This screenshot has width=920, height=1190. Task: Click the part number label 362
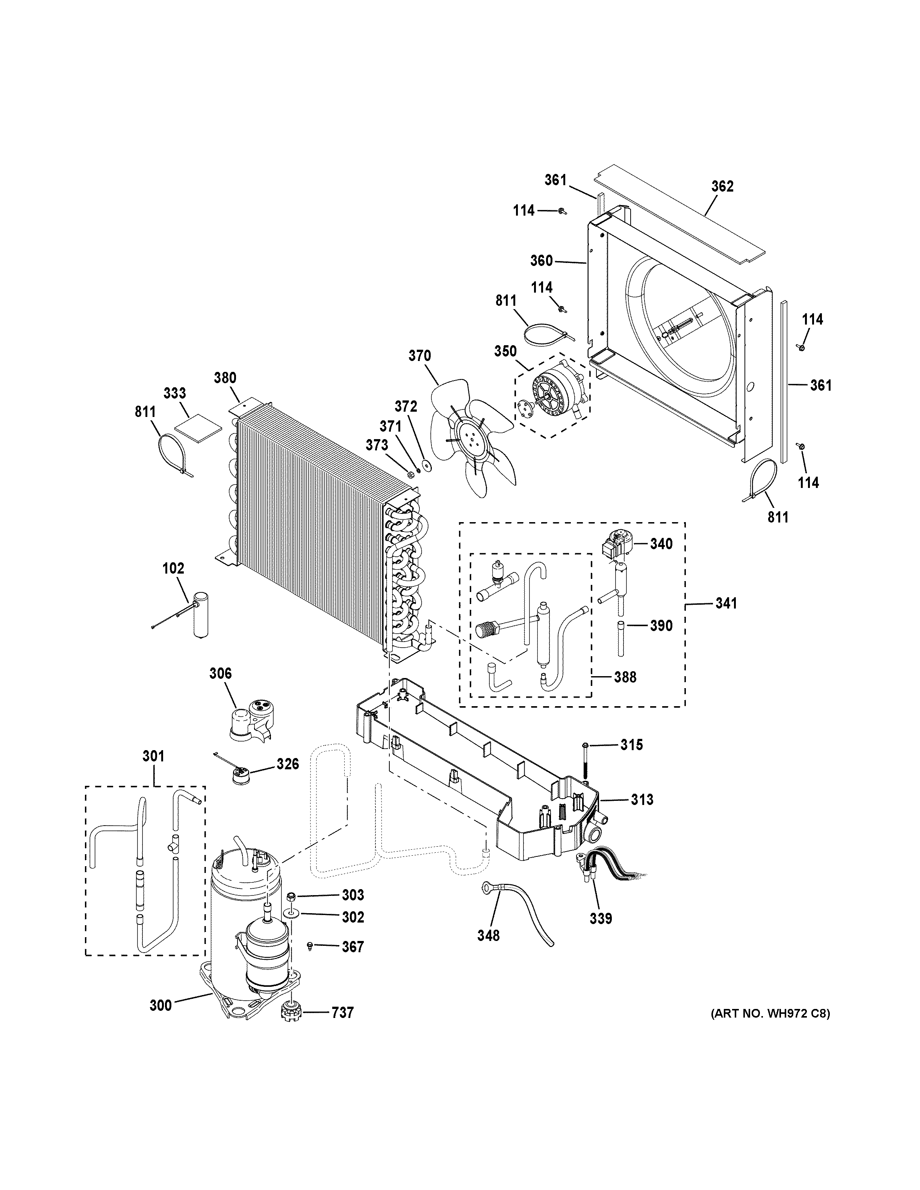pos(722,186)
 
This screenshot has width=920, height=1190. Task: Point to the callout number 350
pos(505,352)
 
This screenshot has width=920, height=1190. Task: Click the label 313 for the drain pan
pos(642,800)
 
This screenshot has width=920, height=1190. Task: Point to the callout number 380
pos(225,378)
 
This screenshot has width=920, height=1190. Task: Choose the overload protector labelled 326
pos(238,772)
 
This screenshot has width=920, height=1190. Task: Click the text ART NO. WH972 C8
pos(770,1014)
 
